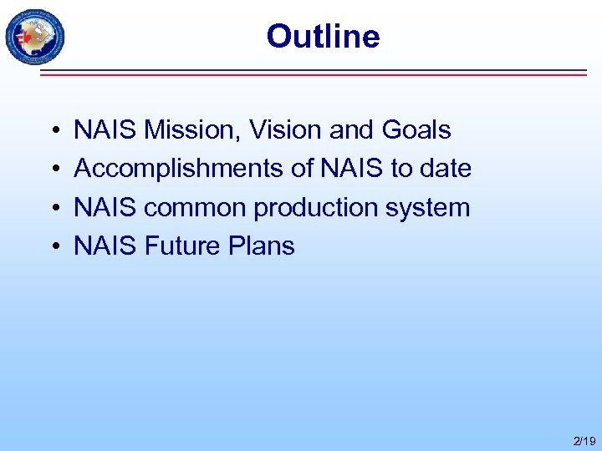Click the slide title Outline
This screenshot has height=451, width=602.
pos(323,36)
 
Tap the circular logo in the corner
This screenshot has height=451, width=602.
pos(34,37)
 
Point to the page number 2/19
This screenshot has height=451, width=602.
pos(584,440)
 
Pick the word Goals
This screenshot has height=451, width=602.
pos(416,130)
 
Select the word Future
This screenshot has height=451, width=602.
pos(181,246)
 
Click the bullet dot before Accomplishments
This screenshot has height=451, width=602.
pos(53,170)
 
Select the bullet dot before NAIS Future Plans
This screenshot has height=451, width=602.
pos(53,246)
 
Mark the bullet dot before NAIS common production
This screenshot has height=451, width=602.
pos(53,208)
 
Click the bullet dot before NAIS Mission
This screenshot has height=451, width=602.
pos(53,131)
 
